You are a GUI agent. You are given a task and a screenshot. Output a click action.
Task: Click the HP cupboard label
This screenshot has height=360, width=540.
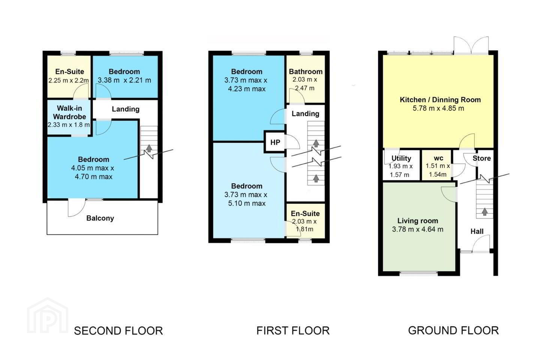coord(275,142)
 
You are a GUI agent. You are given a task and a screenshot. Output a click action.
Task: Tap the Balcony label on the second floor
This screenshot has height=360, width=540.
coord(100,218)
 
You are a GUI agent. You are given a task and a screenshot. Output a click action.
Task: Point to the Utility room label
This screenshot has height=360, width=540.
coord(401,158)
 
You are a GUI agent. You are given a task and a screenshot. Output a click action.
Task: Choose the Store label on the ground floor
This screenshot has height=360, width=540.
coord(481,158)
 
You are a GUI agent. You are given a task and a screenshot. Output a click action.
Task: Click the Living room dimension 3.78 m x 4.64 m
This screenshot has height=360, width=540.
coord(417,229)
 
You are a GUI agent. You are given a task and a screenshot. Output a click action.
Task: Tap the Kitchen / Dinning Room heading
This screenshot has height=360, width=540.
coord(440,100)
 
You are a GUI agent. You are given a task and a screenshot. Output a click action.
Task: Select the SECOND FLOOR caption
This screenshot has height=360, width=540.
coord(118,331)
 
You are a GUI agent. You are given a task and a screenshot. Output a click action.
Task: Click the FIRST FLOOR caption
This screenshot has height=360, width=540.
coord(293,331)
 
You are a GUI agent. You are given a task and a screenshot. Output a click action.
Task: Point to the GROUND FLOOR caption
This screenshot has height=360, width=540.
coord(453,330)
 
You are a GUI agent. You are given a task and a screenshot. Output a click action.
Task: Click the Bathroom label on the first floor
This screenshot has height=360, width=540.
coord(306,72)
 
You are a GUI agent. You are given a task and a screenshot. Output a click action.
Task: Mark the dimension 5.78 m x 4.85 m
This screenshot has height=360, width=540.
coord(438,108)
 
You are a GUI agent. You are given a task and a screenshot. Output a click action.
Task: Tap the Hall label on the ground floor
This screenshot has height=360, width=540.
coord(477,231)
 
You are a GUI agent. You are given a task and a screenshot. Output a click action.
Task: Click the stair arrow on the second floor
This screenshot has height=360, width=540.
coord(149,148)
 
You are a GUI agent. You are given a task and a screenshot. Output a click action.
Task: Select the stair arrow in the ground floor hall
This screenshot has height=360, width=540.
coord(484,211)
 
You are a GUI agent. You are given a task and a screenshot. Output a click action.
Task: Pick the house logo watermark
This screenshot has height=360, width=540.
coord(48,316)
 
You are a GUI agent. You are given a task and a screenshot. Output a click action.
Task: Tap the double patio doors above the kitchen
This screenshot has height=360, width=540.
coord(471,45)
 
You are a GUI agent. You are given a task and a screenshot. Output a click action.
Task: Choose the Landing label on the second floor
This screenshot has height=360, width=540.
coord(126,109)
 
